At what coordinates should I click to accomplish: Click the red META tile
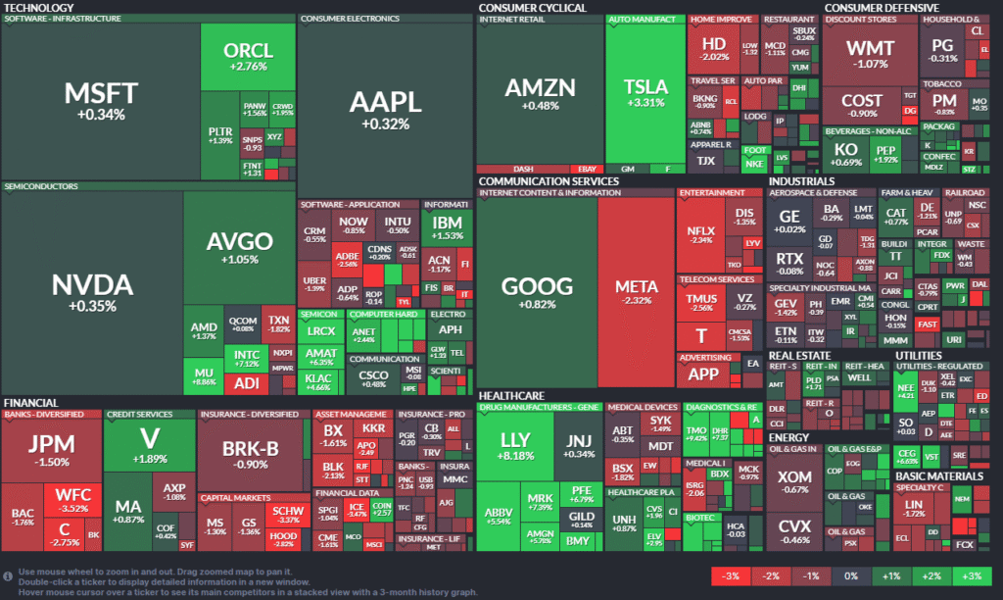point(636,293)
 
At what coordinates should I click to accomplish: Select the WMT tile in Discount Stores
point(869,55)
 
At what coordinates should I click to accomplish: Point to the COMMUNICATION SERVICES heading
point(549,181)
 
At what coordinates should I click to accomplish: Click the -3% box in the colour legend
point(731,576)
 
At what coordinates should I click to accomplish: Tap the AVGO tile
point(239,246)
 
